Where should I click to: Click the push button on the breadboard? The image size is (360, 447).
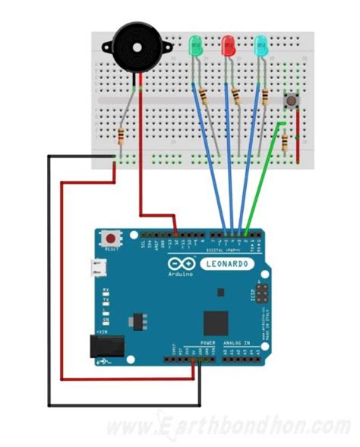pos(289,101)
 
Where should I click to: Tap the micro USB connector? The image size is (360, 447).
pos(97,267)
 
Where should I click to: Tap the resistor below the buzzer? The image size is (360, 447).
pos(122,137)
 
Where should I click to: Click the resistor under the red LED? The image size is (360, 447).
pos(236,97)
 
